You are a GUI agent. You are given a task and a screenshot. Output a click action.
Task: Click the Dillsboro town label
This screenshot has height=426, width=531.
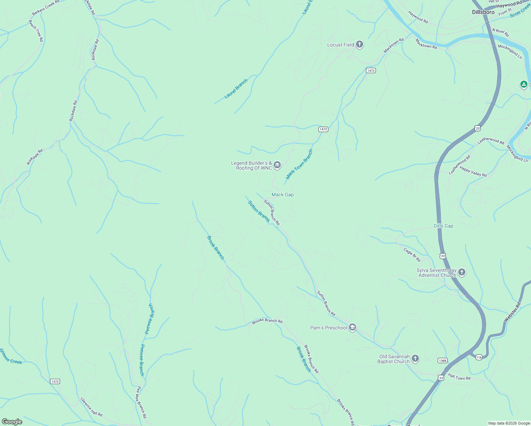[483, 12]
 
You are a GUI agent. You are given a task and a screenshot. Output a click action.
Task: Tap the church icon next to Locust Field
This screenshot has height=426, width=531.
[360, 44]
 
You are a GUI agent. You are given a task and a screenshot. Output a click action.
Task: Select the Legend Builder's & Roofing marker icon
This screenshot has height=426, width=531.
[277, 165]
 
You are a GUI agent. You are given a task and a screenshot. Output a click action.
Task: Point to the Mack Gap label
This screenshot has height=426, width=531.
[282, 195]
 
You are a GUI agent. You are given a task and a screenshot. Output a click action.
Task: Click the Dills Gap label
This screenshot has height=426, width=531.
[443, 226]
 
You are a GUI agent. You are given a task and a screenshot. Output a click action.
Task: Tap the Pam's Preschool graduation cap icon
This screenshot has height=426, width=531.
[352, 327]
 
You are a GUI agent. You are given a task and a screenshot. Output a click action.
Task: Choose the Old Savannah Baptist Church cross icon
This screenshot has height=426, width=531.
[415, 359]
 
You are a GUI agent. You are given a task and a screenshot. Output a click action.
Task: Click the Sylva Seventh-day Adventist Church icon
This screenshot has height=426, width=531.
[461, 272]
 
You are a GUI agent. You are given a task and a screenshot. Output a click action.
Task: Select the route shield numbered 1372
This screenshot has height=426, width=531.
[55, 382]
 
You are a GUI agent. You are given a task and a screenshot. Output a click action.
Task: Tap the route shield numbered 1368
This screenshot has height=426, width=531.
[442, 361]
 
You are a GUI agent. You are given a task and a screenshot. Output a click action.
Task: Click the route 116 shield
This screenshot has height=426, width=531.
[479, 357]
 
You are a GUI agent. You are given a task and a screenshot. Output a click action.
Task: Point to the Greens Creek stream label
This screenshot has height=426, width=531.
[11, 356]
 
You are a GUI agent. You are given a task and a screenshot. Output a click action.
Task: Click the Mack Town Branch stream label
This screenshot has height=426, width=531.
[299, 164]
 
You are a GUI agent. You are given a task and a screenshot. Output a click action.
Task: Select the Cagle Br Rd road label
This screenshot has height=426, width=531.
[412, 255]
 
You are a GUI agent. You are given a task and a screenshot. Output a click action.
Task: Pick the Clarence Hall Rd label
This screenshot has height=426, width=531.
[91, 407]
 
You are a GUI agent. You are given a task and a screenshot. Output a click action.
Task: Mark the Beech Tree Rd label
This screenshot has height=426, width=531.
[36, 31]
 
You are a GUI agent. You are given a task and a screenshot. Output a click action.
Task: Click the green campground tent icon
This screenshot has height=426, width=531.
[524, 84]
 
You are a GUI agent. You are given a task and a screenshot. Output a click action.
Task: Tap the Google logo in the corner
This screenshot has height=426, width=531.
[12, 421]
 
